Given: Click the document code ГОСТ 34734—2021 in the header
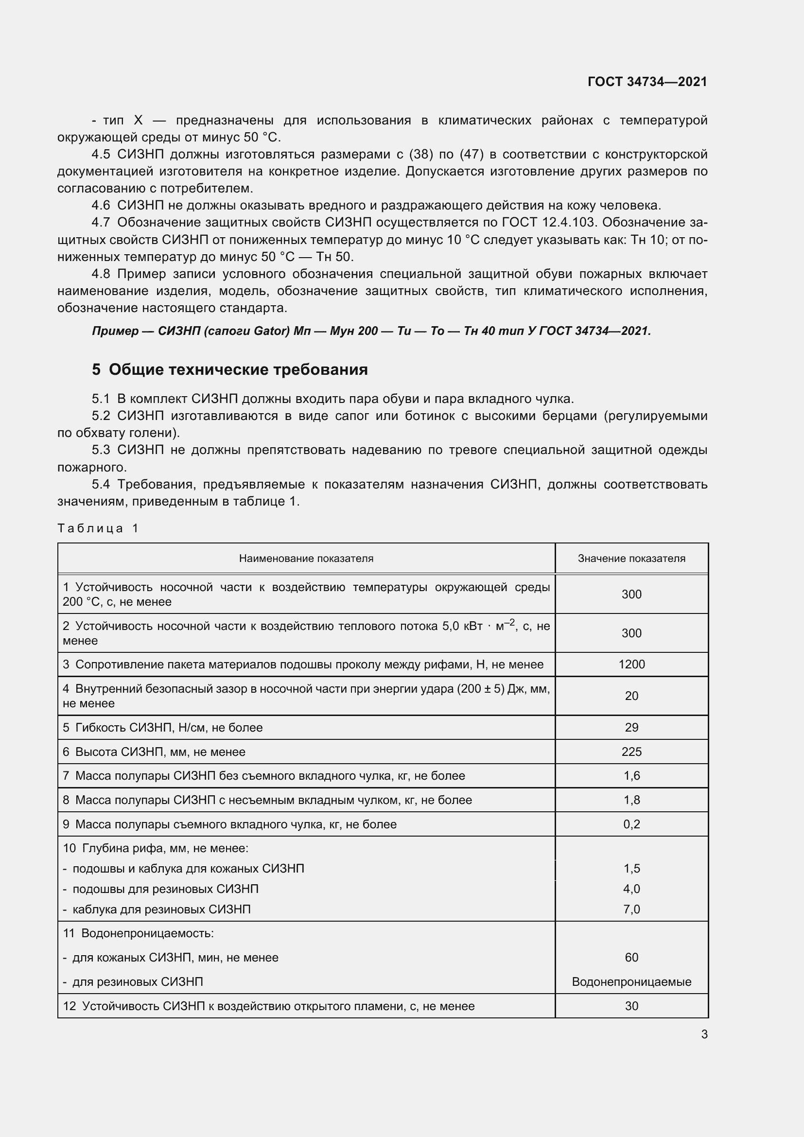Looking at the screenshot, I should (x=647, y=82).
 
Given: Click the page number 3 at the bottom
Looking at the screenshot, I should (x=704, y=1034).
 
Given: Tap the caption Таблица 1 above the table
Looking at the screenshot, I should (x=98, y=528).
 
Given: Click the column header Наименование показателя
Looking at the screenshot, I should (x=306, y=559).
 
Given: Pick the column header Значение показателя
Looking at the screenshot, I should (x=631, y=559).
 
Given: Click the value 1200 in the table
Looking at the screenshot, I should (x=631, y=665).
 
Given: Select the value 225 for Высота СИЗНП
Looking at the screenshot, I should (x=631, y=752).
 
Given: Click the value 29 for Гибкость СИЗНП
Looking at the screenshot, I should (x=631, y=728).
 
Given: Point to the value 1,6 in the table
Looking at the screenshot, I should (x=631, y=775).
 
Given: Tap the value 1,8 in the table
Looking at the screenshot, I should (x=631, y=800).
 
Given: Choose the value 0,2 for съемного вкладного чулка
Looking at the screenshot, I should (x=631, y=824).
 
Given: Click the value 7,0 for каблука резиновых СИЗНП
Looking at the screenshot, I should (x=631, y=909).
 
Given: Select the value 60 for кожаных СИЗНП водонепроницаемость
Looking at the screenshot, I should (x=631, y=957).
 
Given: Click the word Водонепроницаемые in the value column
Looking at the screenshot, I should (x=631, y=981).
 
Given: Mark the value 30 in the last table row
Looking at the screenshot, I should (x=631, y=1006).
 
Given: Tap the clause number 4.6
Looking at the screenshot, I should (x=101, y=206).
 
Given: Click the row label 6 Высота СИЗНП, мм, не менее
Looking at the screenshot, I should (x=154, y=752).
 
